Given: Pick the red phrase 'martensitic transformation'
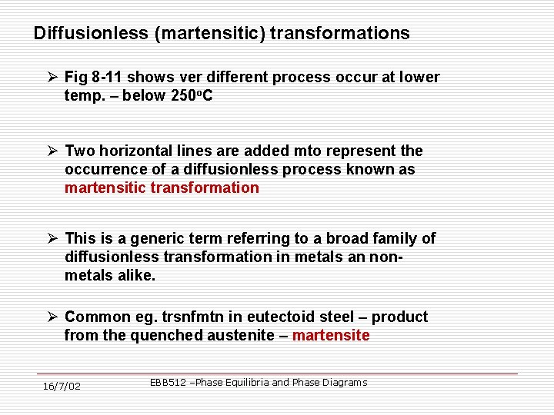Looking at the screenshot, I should pyautogui.click(x=162, y=188).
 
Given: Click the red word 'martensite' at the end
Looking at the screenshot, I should pyautogui.click(x=331, y=336).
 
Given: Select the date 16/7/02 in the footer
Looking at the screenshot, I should pyautogui.click(x=62, y=386).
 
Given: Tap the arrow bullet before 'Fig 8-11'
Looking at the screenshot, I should pyautogui.click(x=52, y=78).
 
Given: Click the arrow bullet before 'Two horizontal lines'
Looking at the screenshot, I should pyautogui.click(x=52, y=151).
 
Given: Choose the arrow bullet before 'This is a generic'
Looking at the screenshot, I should pyautogui.click(x=52, y=239).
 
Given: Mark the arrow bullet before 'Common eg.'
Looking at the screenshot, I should pyautogui.click(x=52, y=317).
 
